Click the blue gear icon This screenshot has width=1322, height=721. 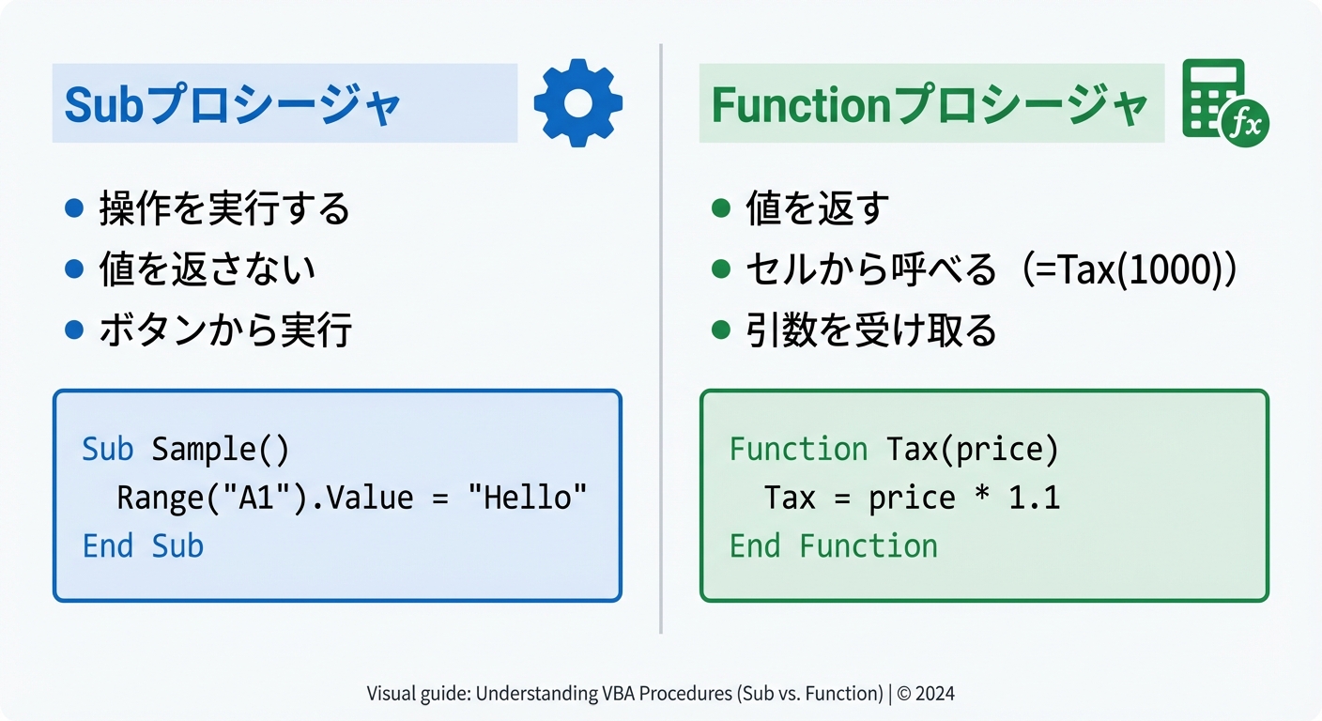[x=577, y=102]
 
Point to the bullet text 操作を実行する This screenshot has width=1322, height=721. [x=224, y=208]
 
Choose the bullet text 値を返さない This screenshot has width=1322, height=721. [x=208, y=269]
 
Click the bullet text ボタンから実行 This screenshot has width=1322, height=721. [x=225, y=330]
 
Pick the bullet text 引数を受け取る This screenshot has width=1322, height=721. [x=870, y=330]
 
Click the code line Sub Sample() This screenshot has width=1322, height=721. [x=186, y=450]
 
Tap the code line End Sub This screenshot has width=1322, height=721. [x=143, y=546]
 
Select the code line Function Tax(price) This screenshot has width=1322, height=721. [x=894, y=450]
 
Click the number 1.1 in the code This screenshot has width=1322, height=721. [x=1034, y=498]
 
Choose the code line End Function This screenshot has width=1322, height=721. [x=833, y=546]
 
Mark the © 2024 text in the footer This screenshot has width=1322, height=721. [x=925, y=694]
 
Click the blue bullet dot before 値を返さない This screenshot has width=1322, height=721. [x=74, y=269]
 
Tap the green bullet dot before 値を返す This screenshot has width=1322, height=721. [x=721, y=208]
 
